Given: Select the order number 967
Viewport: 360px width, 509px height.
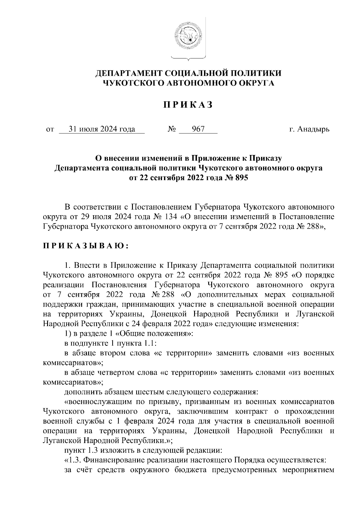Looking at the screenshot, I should (x=198, y=129).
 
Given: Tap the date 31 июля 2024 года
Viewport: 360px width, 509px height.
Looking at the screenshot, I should (x=102, y=129).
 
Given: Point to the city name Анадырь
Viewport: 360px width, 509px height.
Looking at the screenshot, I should (x=313, y=129).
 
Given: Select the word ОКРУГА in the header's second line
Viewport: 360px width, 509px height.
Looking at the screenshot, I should (x=256, y=83).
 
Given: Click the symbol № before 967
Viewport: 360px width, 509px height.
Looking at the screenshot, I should (x=172, y=129).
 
